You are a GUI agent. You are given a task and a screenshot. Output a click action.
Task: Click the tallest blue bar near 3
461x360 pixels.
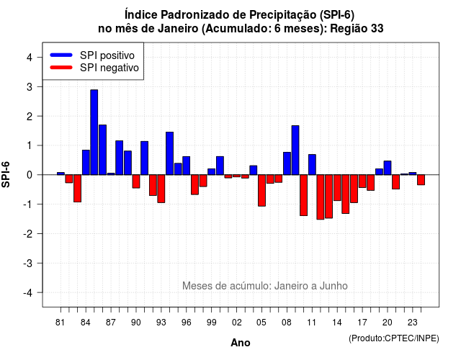94,132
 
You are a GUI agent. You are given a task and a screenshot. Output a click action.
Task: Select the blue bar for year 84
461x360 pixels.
86,163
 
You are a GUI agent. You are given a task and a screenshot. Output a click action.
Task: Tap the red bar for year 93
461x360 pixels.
161,189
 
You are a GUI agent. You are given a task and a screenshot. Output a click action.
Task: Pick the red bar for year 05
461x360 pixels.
261,190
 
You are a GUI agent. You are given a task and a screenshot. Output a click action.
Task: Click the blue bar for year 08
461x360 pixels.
287,163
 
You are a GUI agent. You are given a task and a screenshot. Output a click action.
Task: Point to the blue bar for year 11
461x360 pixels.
312,165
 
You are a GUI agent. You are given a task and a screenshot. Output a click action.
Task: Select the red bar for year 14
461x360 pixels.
337,188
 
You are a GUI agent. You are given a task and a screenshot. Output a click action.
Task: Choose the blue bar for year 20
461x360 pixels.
388,168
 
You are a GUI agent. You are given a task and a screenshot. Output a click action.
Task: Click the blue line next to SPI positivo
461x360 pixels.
61,55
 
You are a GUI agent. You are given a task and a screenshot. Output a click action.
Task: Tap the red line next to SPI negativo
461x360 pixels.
61,68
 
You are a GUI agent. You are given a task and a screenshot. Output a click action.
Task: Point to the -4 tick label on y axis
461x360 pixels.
29,293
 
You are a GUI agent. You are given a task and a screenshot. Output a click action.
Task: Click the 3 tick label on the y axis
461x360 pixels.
30,87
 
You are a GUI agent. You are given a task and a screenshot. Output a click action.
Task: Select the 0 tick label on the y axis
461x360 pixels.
30,175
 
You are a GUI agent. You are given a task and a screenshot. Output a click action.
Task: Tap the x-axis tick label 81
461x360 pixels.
60,323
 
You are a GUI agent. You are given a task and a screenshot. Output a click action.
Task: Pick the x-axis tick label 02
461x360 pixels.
237,323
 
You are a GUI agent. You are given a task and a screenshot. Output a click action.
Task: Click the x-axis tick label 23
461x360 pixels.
413,323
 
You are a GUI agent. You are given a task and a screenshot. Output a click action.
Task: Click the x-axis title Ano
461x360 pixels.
241,343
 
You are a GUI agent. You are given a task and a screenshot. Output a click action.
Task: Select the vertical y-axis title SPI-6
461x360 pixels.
6,174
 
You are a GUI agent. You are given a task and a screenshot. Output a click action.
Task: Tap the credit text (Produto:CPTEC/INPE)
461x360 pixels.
394,338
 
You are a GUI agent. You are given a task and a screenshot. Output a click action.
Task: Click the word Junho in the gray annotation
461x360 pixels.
334,286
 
